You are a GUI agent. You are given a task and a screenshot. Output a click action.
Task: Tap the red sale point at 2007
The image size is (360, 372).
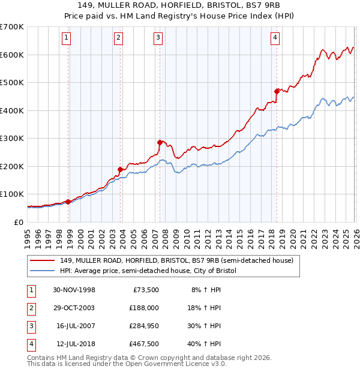[x=160, y=142]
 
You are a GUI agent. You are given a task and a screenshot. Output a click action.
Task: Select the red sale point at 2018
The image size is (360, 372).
[x=277, y=91]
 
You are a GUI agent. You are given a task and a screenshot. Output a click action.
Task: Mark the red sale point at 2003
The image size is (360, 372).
[x=121, y=169]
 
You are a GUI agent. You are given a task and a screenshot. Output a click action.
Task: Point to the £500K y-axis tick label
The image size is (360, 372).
[x=11, y=82]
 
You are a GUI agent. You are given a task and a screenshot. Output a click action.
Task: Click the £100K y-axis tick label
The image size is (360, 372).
[x=11, y=194]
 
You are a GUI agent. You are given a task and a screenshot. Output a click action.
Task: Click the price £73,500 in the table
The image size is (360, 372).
[x=143, y=289]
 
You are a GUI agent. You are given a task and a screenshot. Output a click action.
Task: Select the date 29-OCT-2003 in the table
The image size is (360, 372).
[x=74, y=307]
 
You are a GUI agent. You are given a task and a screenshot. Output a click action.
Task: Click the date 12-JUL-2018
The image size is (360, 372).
[x=74, y=344]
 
